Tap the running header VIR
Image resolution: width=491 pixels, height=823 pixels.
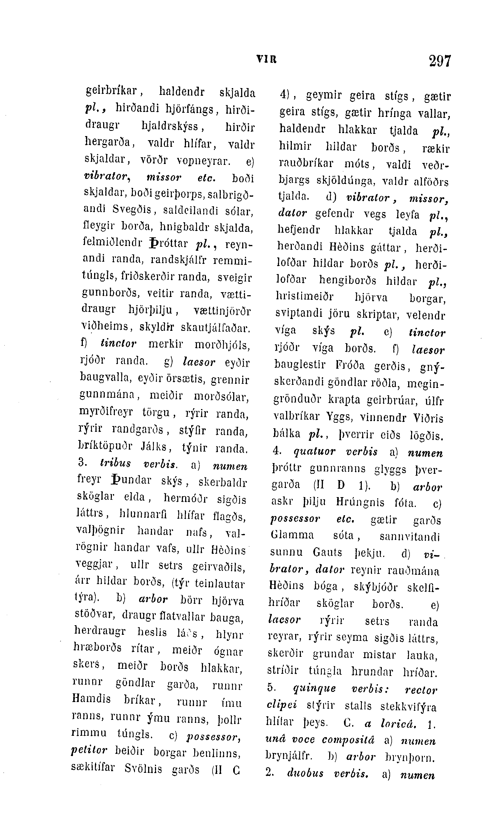click(266, 59)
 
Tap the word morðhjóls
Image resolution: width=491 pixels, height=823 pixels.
click(222, 345)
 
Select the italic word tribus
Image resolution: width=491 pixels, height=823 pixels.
click(115, 463)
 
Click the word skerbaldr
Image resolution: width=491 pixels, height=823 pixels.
click(222, 483)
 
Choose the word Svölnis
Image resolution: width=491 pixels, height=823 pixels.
click(143, 768)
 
